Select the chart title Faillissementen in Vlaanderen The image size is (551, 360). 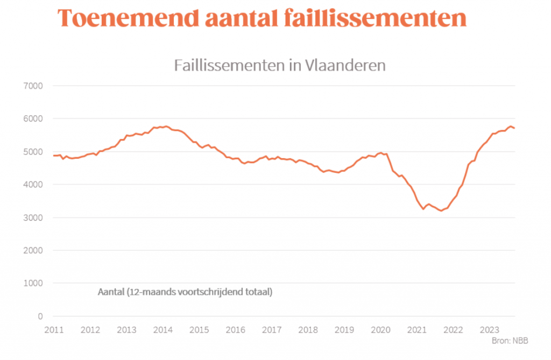pos(280,66)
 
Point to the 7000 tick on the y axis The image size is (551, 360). pos(33,86)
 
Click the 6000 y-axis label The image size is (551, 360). pos(33,119)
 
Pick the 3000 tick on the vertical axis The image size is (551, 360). pos(33,218)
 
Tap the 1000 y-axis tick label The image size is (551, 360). pos(33,284)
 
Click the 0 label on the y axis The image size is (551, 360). pos(40,316)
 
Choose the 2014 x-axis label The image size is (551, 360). pos(163,329)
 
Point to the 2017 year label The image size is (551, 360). pos(272,329)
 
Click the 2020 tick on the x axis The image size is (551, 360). pos(380,329)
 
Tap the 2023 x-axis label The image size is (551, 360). pos(490,329)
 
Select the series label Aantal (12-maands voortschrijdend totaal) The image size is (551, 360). pos(185,293)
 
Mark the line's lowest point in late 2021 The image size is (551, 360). pos(441,211)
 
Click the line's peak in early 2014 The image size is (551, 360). pos(166,126)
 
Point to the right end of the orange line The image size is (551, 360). pos(514,128)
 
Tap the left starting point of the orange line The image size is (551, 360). pos(54,156)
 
